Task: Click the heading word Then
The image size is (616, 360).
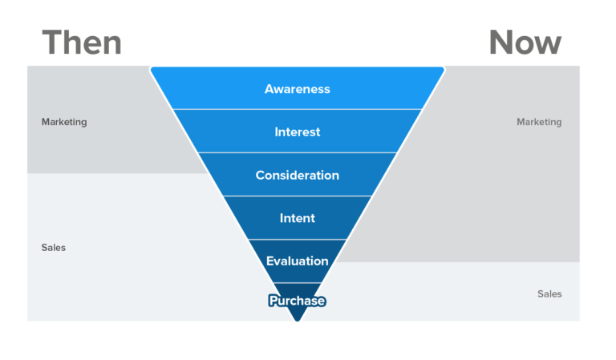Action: tap(82, 42)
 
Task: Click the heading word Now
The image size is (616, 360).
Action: tap(525, 42)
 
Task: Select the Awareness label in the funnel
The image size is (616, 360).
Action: tap(297, 89)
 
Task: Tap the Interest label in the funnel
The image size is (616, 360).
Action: tap(297, 131)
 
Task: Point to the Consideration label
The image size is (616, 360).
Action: tap(297, 175)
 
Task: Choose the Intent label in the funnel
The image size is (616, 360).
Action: tap(297, 218)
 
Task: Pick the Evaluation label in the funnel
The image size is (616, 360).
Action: tap(297, 261)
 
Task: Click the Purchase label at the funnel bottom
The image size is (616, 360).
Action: tap(297, 301)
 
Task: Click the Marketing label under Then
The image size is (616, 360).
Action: tap(64, 122)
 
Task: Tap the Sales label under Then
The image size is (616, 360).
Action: tap(54, 248)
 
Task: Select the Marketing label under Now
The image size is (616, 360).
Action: tap(539, 122)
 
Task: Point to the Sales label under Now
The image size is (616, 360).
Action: tap(549, 294)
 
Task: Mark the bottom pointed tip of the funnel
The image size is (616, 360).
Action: tap(297, 320)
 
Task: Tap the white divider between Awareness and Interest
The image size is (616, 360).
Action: tap(297, 109)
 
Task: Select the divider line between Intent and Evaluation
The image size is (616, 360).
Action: tap(297, 239)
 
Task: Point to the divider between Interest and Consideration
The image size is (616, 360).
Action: tap(297, 152)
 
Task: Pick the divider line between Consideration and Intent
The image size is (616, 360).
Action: tap(297, 196)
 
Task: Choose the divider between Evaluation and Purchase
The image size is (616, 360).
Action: tap(297, 282)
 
